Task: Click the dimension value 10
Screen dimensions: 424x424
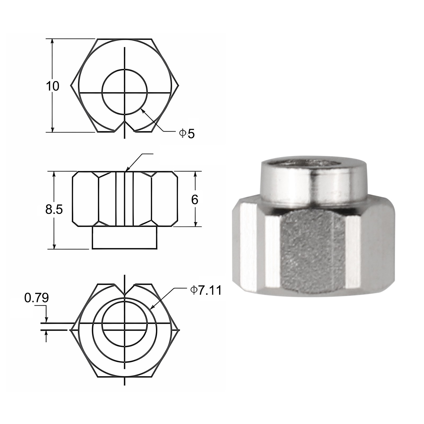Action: click(53, 86)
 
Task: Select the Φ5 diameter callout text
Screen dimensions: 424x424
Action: click(187, 134)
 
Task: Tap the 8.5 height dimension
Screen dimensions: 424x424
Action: click(54, 209)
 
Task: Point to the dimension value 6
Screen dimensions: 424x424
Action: click(195, 200)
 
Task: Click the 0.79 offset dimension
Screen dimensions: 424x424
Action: click(37, 298)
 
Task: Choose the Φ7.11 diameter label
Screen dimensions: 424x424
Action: click(206, 290)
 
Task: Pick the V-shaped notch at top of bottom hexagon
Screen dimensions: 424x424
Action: click(125, 291)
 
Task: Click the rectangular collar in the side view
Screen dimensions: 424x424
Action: click(125, 238)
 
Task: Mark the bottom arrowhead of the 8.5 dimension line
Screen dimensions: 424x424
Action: click(54, 246)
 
